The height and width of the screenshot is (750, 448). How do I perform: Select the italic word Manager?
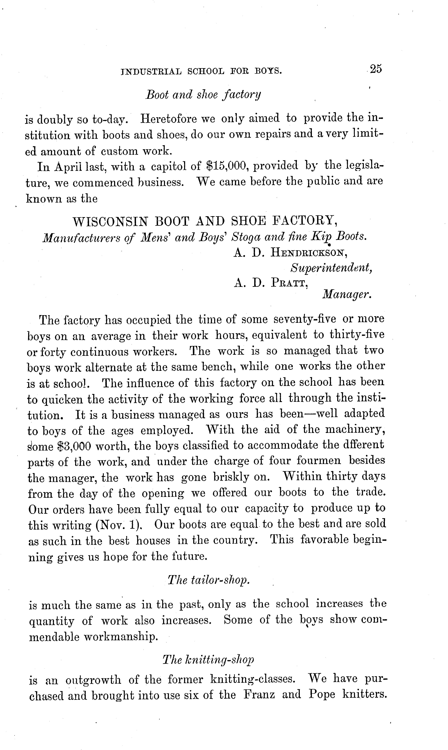(x=347, y=294)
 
